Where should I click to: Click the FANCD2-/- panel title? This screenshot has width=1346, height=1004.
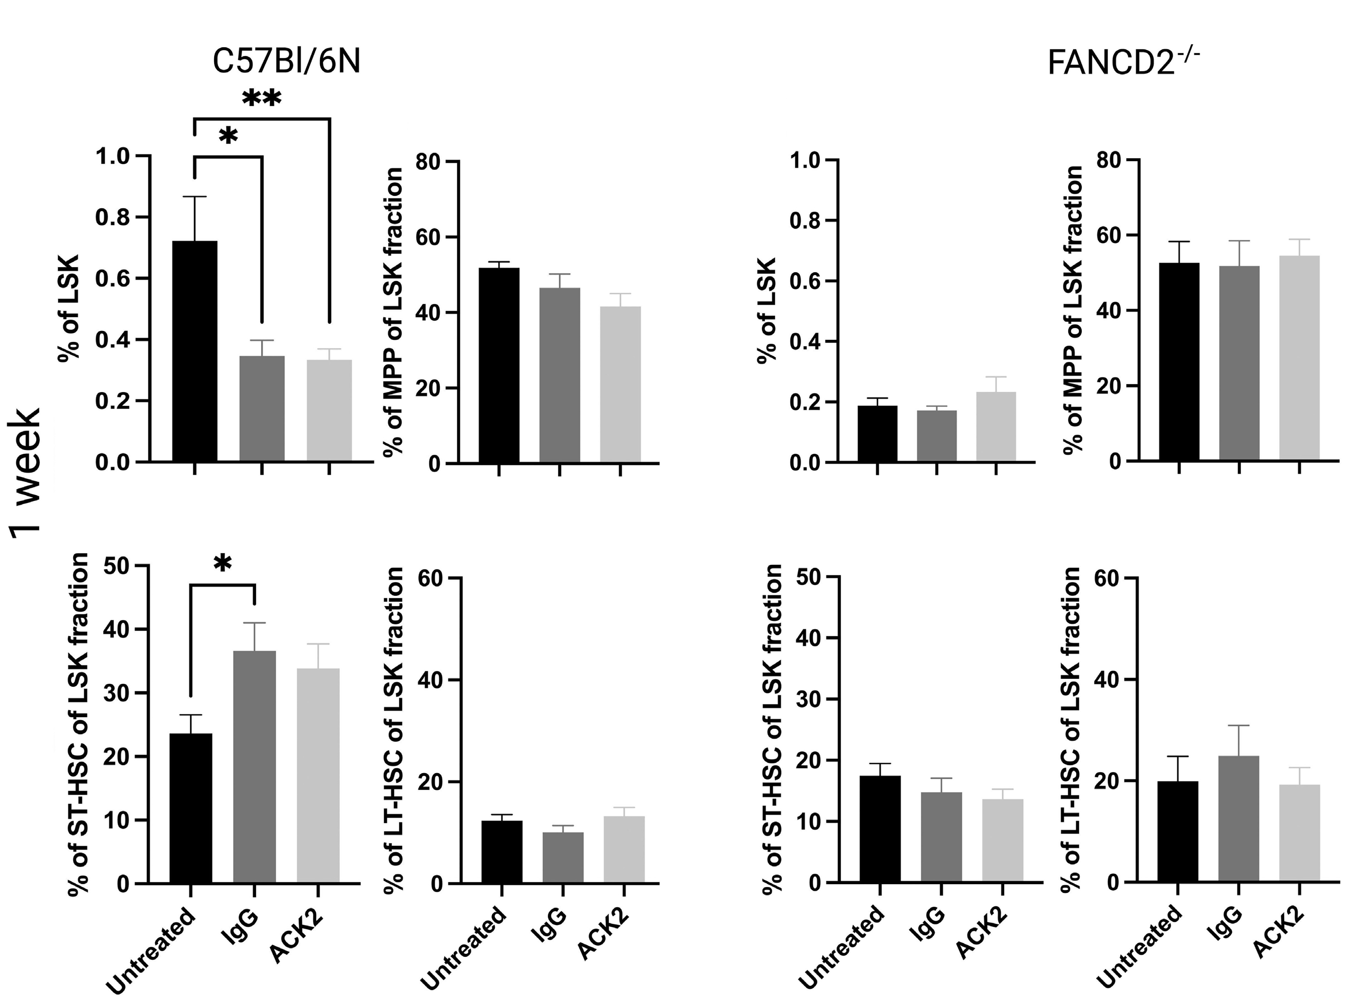[x=1123, y=62]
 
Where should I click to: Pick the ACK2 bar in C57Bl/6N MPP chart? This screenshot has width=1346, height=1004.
[x=620, y=384]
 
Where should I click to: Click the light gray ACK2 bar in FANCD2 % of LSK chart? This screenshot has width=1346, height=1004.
[x=996, y=427]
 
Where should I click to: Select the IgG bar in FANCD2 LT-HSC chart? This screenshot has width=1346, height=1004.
[x=1238, y=818]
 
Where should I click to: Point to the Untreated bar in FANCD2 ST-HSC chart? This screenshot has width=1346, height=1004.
[x=880, y=829]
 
